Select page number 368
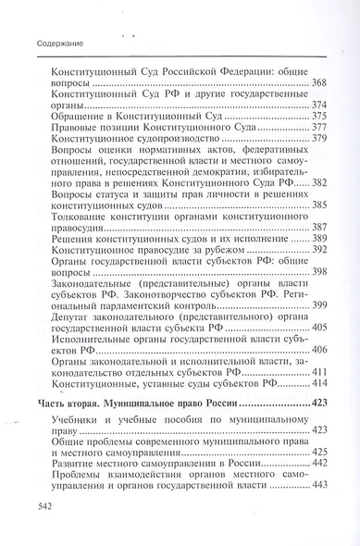(x=321, y=84)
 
